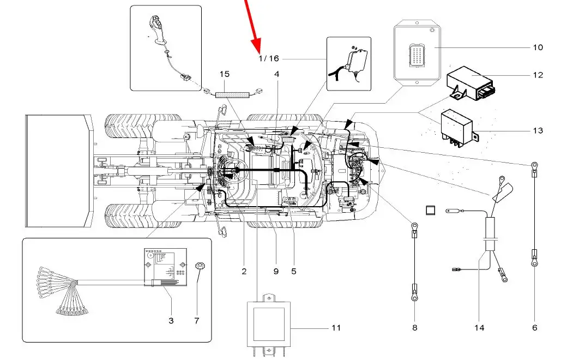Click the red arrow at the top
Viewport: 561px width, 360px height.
(x=254, y=33)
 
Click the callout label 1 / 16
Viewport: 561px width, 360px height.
(x=268, y=58)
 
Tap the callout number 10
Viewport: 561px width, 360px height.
(x=538, y=47)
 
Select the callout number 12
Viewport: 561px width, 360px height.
(x=538, y=75)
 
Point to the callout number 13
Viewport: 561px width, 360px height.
(x=538, y=130)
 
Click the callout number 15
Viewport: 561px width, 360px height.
(x=225, y=74)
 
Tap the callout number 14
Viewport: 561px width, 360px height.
(x=479, y=328)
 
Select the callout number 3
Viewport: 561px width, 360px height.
(x=171, y=321)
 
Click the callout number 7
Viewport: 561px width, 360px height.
(x=197, y=321)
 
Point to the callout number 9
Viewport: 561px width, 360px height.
(x=276, y=271)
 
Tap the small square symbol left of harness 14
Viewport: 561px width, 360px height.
(x=430, y=210)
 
